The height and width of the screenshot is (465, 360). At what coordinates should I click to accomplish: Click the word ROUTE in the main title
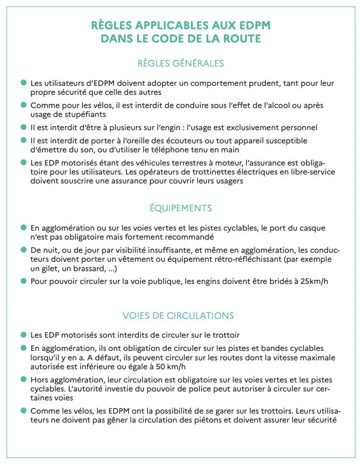241,39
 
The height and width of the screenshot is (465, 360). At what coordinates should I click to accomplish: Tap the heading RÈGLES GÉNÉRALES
180,63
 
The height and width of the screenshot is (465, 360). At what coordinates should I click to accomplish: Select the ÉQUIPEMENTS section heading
180,208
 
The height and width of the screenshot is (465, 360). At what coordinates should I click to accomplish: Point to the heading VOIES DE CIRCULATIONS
178,316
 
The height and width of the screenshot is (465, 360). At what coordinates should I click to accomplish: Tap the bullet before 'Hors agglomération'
23,379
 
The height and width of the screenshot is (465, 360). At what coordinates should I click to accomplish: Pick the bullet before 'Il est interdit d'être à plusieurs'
23,127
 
